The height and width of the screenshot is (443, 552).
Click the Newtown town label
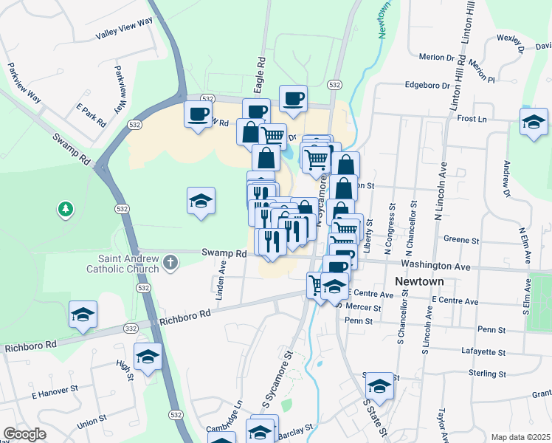[x=419, y=281]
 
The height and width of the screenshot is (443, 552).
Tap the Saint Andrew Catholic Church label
[x=130, y=264]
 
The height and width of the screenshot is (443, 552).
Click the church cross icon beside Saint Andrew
[x=171, y=262]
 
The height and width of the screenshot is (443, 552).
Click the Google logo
[x=24, y=434]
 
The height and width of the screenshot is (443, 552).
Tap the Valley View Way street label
[x=123, y=35]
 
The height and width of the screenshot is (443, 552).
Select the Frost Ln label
[x=472, y=118]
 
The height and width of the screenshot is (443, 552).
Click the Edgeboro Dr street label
[x=427, y=85]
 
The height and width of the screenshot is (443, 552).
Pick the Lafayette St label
[x=482, y=351]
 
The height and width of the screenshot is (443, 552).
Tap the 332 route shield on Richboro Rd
[x=131, y=328]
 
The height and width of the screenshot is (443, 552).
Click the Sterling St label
[x=486, y=374]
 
